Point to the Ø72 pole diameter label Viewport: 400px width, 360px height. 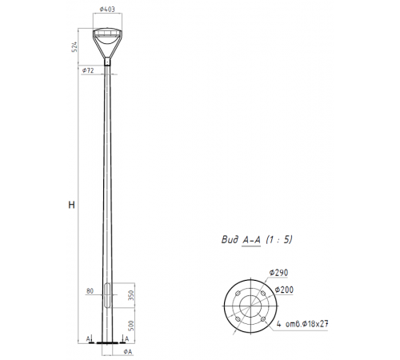[x=88, y=70]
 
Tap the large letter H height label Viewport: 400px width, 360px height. [x=72, y=206]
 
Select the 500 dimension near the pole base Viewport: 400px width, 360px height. [x=128, y=327]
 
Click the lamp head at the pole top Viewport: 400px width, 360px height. [x=109, y=41]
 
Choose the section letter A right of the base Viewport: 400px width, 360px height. [x=126, y=338]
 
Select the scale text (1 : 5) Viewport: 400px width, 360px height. [x=283, y=238]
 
